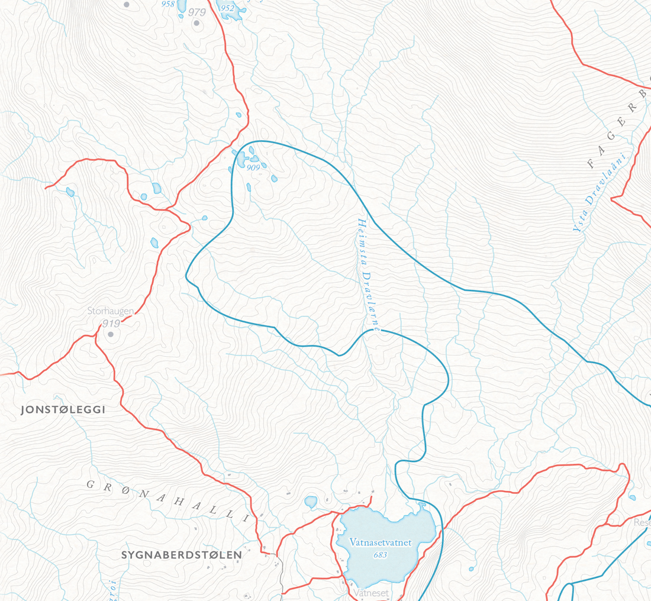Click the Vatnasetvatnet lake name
(x=380, y=542)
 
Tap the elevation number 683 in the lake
(x=380, y=555)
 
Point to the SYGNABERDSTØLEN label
(x=182, y=555)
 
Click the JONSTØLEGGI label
(x=62, y=410)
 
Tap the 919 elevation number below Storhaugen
(x=111, y=323)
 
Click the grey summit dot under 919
(x=110, y=334)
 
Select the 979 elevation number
(x=196, y=12)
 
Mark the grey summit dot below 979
(x=197, y=24)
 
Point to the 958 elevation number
(x=168, y=4)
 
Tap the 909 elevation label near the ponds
(x=254, y=167)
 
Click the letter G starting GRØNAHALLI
(x=91, y=484)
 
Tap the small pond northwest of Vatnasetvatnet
(x=311, y=502)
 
